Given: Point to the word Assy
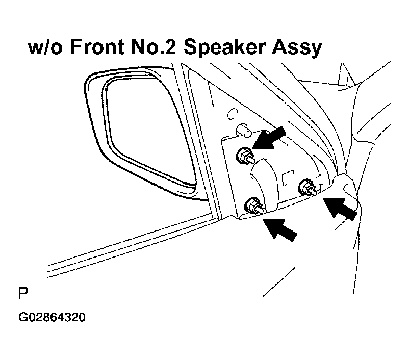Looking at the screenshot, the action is [x=297, y=48].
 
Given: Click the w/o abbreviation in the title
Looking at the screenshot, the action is [x=45, y=47].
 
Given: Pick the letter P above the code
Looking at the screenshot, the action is [x=23, y=293].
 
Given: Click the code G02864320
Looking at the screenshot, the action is [x=52, y=317].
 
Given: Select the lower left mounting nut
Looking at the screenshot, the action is [x=253, y=205].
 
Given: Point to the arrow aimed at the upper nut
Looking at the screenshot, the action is [x=269, y=139].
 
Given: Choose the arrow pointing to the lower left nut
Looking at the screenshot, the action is [x=280, y=229].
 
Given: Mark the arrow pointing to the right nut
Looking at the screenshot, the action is [x=340, y=209].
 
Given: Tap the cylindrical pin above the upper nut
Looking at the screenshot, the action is [x=244, y=130].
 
